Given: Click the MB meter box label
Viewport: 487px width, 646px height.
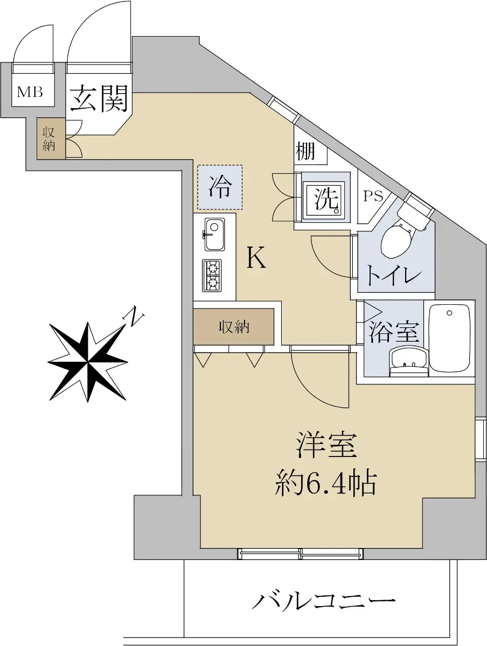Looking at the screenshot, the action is point(30,92).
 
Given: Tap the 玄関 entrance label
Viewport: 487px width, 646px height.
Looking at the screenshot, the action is point(100,99).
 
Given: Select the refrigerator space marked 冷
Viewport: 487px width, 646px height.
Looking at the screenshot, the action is point(220,187).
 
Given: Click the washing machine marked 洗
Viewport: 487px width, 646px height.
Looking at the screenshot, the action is point(326,198).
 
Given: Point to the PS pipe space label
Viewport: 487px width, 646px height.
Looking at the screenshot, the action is point(373,196).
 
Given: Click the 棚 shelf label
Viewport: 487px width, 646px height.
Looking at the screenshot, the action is point(305,151).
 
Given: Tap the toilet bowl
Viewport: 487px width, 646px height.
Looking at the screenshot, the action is point(396,241).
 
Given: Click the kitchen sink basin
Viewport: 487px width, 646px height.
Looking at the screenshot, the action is point(214,235).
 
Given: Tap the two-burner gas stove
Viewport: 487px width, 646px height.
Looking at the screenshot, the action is point(212,276).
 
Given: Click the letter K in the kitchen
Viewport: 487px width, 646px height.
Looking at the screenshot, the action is point(256,257).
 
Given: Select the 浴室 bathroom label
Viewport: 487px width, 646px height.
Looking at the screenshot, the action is point(393,333).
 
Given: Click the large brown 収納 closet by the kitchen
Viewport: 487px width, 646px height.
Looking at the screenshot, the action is point(233,327).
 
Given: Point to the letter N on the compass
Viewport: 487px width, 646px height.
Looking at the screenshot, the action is point(134,317).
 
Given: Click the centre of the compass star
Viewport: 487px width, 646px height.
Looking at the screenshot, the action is point(88,362).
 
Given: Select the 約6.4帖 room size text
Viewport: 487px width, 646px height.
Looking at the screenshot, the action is point(326,483).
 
